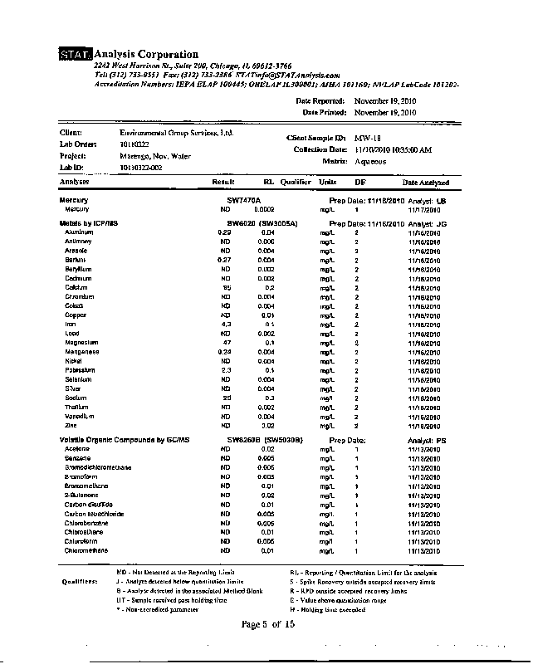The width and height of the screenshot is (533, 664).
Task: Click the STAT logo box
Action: point(76,56)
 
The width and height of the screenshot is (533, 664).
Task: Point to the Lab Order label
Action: point(79,144)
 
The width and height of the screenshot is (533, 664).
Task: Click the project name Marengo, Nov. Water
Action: point(155,155)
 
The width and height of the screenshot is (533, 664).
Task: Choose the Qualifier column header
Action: point(295,182)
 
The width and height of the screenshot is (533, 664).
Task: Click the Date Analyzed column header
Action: point(426,182)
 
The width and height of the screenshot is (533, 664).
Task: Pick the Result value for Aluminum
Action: point(223,232)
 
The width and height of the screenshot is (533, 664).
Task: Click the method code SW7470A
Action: point(244,200)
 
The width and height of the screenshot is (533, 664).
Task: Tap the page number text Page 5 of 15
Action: point(267,624)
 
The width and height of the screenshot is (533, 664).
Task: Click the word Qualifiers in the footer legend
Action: point(81,582)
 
